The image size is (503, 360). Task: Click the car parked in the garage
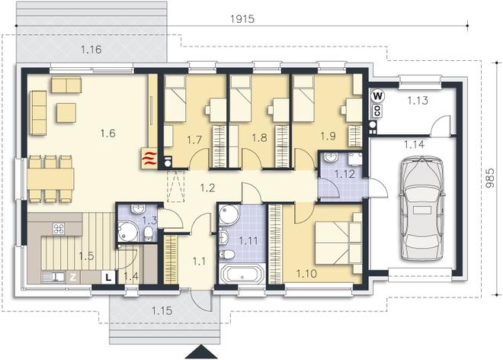421,208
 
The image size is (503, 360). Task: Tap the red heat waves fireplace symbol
149,159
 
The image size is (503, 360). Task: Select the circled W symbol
378,95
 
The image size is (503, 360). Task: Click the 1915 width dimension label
242,19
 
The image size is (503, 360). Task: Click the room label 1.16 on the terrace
91,50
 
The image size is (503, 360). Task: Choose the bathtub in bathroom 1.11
242,274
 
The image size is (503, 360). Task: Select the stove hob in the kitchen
59,229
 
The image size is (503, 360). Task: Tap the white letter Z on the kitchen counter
73,277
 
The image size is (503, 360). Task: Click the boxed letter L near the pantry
109,277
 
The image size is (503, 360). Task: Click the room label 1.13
418,101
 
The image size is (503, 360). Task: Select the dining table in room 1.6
51,179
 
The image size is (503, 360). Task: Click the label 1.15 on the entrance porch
162,310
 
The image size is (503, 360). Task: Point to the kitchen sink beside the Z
53,277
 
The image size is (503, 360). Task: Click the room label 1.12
344,174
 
